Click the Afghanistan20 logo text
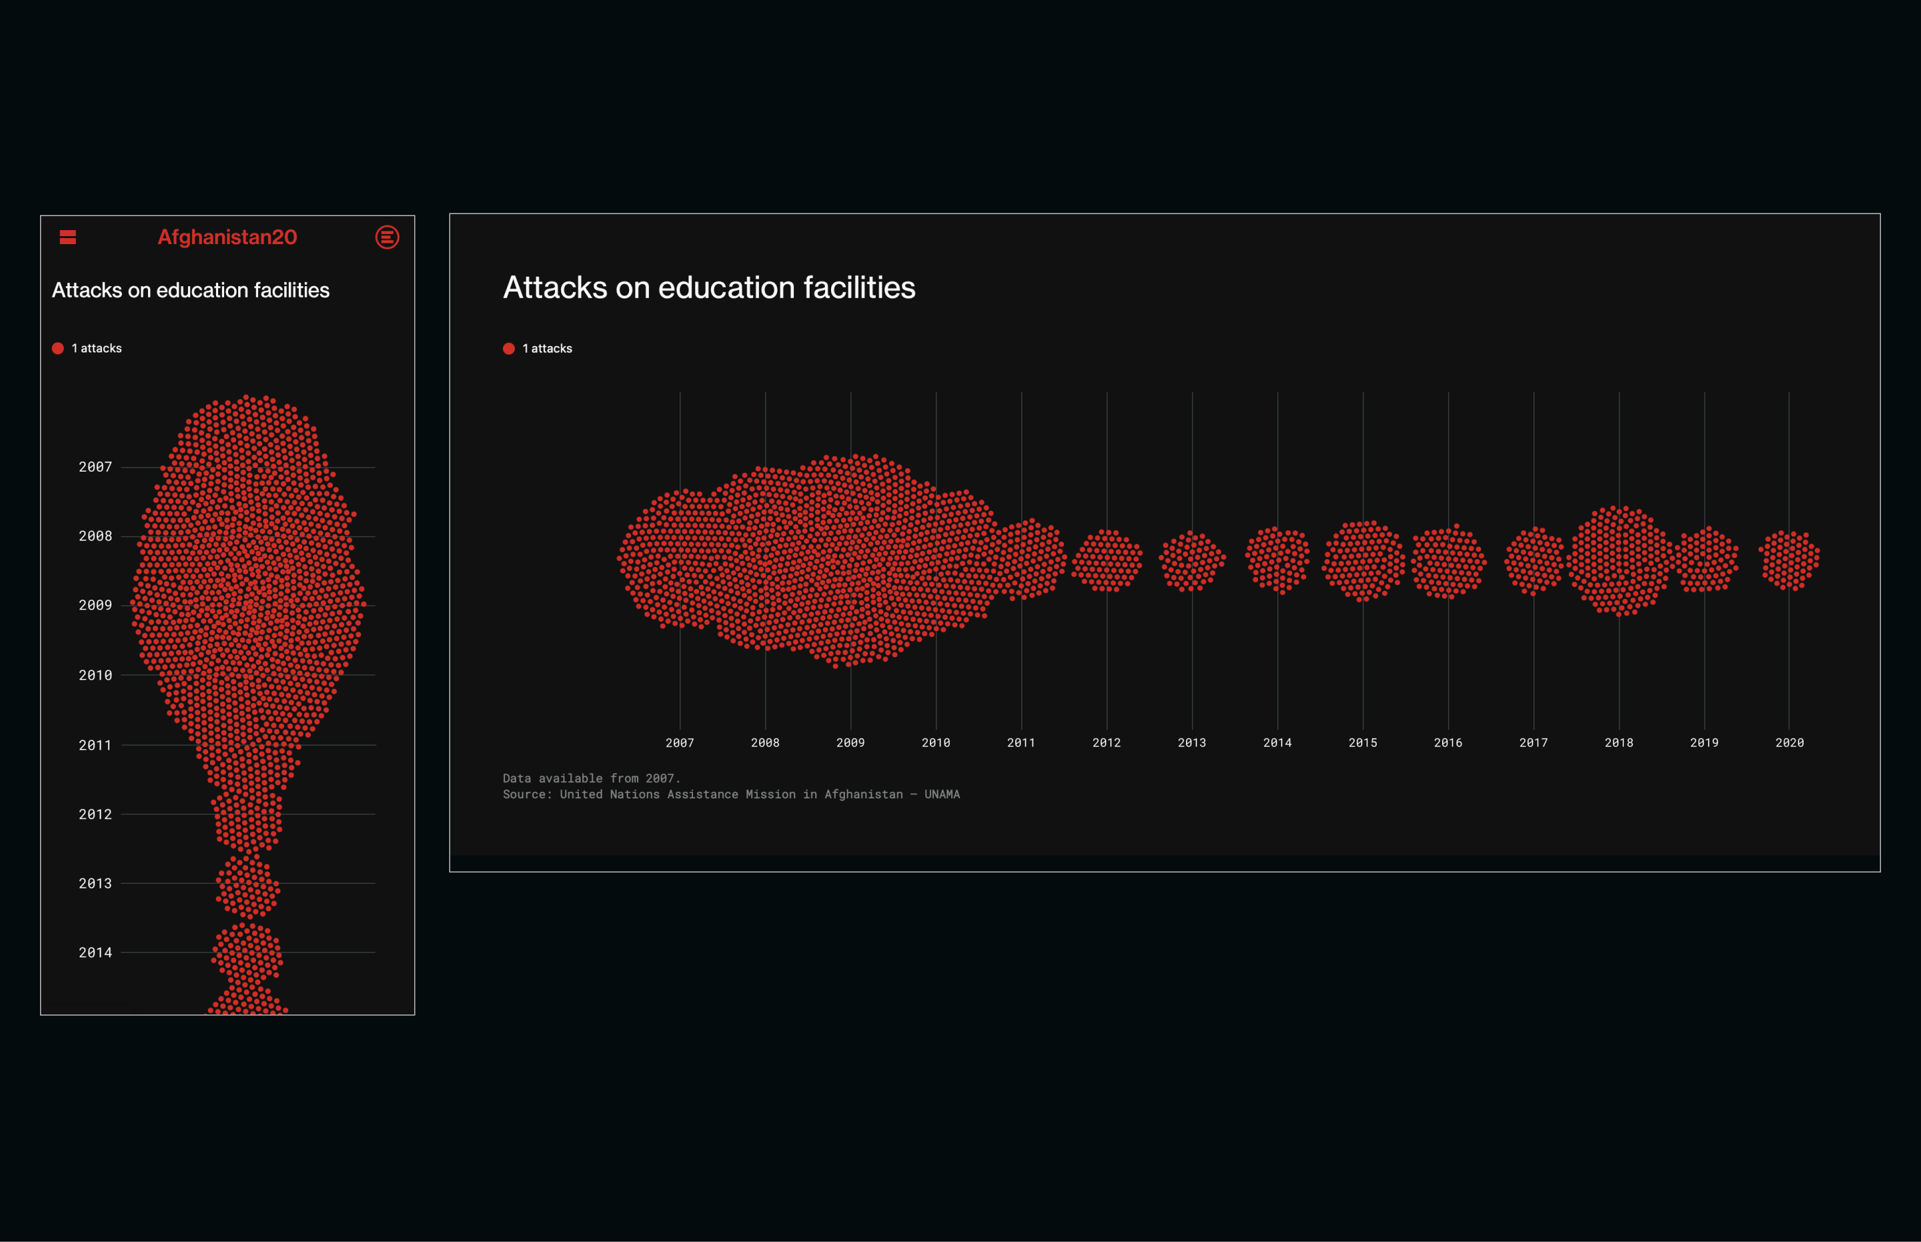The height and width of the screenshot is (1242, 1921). click(x=227, y=237)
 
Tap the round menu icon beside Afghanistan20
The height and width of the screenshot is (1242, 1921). click(x=387, y=237)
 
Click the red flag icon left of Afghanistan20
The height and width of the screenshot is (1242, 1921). click(x=68, y=237)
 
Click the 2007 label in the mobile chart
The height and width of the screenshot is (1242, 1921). click(x=95, y=467)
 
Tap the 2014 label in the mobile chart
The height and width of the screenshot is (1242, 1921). click(x=95, y=953)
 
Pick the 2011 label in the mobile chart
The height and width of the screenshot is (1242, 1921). click(x=95, y=745)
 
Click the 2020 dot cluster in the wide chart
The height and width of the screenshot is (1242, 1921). click(x=1790, y=560)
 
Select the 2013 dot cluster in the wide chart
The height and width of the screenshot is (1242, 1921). click(x=1192, y=560)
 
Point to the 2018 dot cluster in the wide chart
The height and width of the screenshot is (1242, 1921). click(x=1619, y=560)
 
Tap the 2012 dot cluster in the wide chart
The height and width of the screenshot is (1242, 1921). click(x=1107, y=560)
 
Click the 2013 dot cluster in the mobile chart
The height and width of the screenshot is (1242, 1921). click(x=247, y=886)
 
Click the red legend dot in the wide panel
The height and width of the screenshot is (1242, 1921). click(x=509, y=348)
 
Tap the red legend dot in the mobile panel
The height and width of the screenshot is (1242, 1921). click(x=58, y=348)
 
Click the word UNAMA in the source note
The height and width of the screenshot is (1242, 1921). click(x=942, y=794)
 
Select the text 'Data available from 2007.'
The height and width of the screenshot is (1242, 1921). click(x=591, y=778)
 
